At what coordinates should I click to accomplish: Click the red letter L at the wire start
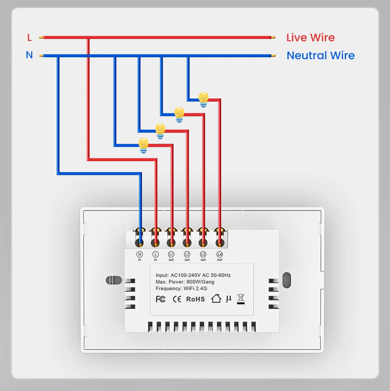[x=29, y=38]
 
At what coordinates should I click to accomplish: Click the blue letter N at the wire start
[x=29, y=55]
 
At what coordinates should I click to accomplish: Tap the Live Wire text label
[x=310, y=38]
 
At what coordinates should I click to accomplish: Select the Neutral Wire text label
[x=321, y=55]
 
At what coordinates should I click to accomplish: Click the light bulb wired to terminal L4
[x=203, y=99]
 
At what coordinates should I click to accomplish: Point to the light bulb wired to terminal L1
[x=144, y=145]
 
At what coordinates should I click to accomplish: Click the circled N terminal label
[x=140, y=254]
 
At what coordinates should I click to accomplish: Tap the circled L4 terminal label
[x=220, y=254]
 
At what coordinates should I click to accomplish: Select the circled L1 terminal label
[x=171, y=254]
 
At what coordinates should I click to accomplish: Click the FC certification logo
[x=160, y=299]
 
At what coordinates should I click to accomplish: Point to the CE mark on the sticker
[x=177, y=299]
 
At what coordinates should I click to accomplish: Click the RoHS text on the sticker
[x=195, y=299]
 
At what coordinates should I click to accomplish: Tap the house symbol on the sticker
[x=216, y=299]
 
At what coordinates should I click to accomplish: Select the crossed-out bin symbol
[x=241, y=299]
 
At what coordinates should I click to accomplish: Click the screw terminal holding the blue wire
[x=140, y=243]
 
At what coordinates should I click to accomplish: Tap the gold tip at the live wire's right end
[x=273, y=38]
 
